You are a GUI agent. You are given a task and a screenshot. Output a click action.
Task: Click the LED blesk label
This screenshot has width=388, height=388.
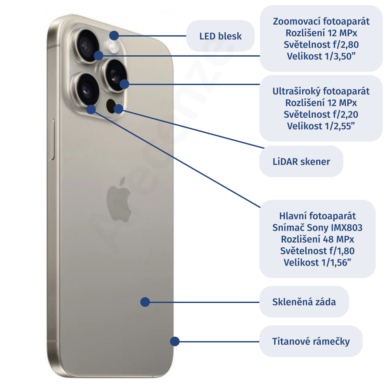pos(220,36)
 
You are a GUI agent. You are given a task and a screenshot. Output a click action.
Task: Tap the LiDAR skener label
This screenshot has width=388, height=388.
pos(301,162)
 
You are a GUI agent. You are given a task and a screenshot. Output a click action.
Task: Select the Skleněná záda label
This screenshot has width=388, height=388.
pos(304,302)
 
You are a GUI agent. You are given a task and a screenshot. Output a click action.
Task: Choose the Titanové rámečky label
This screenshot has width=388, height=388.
pos(311,341)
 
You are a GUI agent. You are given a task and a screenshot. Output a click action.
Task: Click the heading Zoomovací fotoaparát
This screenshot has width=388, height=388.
pos(321,21)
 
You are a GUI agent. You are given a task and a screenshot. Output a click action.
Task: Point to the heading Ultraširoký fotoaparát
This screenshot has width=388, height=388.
pos(321,91)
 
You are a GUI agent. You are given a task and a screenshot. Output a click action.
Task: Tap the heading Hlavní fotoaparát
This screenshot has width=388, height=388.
pos(317,216)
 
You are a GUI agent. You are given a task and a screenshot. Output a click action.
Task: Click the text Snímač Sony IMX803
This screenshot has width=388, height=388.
pos(317,228)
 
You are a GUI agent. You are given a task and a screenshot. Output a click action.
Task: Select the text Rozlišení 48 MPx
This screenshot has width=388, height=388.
pos(317,239)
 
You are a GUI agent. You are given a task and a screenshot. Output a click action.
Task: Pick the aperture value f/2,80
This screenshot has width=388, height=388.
pos(345,45)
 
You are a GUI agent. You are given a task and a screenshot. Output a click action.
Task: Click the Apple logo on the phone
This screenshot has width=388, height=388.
pos(119,199)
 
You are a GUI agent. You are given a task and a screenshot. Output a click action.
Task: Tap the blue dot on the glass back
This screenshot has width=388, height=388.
pos(145,302)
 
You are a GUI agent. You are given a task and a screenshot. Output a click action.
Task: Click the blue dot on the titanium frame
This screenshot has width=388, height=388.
pos(175,341)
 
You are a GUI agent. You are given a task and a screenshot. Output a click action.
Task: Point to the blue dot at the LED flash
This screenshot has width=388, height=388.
pos(114,35)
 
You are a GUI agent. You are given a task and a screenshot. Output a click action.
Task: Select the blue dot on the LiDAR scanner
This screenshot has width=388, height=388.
pos(119,109)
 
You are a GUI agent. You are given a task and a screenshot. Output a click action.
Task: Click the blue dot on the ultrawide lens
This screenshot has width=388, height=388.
pos(124,84)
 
